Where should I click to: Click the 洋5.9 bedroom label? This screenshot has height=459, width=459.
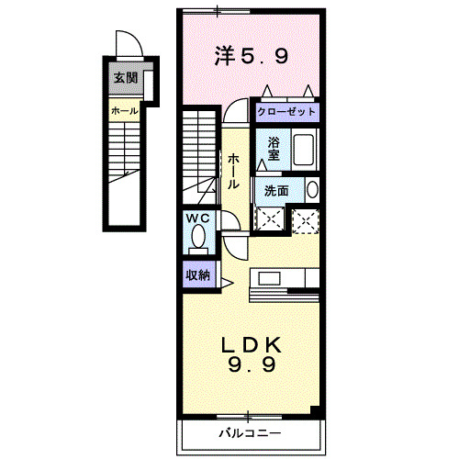pos(252,56)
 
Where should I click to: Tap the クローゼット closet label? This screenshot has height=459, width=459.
pos(286,111)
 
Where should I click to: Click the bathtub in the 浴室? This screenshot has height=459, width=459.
pos(304,148)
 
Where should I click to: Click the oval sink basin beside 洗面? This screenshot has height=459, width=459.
pos(312,190)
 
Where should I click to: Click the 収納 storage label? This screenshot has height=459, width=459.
pos(197,274)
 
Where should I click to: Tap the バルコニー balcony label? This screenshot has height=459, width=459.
pos(249,431)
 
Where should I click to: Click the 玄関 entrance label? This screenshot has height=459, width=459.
pos(126,78)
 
